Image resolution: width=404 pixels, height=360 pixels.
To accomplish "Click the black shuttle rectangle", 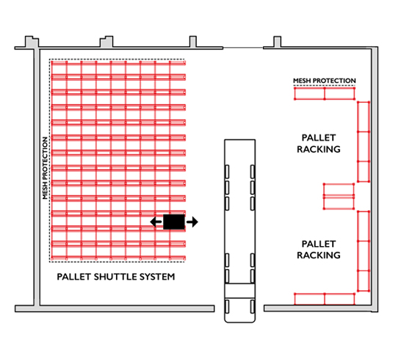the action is pos(174,222).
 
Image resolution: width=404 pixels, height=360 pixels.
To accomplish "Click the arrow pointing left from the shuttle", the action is pos(156,222).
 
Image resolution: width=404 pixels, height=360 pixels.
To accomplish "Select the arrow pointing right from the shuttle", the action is pos(192,222).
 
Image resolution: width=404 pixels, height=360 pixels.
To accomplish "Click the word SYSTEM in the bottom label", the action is pos(157,277).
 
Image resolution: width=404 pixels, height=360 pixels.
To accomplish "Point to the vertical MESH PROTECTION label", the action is pos(45,168).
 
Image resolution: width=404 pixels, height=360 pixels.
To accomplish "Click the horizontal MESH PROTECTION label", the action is pos(325,81).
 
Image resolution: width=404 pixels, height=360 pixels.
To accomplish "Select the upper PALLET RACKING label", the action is pos(319,143).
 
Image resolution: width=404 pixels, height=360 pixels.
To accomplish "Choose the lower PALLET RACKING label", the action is pos(319,250).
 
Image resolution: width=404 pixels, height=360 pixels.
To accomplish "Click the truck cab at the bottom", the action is pos(240,303).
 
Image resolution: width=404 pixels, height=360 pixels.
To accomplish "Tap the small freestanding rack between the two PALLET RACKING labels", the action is pos(339,196).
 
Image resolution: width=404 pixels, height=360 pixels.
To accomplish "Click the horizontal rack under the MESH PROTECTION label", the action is pos(325,93).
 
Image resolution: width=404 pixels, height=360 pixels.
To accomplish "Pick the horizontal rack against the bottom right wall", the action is pos(325,299).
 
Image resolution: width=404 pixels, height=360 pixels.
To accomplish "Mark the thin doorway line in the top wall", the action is pos(243,48).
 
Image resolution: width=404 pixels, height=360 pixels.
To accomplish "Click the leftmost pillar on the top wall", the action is pos(32,42).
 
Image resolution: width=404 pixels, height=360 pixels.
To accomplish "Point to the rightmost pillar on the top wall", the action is pos(277,42).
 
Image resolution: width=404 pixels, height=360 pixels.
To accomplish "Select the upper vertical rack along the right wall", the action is pos(364,142).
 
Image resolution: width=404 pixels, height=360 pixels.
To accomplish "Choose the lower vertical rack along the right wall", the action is pos(364,251).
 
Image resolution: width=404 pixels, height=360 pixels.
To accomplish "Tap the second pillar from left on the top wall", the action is pos(107,42).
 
